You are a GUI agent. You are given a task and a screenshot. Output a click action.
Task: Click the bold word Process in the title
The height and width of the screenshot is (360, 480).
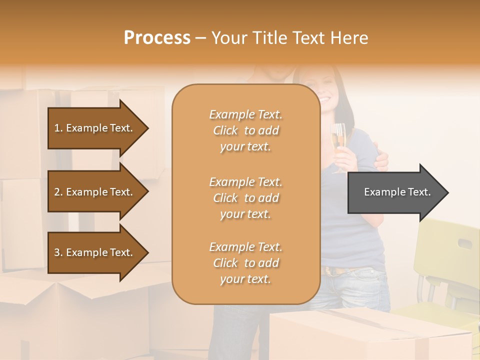(157, 38)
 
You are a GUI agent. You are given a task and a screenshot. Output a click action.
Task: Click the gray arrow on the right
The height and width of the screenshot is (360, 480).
(395, 192)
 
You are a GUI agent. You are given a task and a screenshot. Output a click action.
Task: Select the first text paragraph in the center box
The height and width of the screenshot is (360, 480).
(246, 130)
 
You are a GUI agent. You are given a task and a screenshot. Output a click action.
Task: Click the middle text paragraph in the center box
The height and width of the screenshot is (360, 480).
(246, 198)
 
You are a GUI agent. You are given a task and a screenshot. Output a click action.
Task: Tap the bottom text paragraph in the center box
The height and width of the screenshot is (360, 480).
(246, 263)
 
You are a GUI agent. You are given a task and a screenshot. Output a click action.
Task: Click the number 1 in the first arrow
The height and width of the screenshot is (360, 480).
(57, 128)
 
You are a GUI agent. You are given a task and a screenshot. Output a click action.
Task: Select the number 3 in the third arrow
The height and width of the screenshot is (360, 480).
(57, 252)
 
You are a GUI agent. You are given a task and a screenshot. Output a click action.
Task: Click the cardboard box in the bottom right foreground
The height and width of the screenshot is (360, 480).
(370, 335)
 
